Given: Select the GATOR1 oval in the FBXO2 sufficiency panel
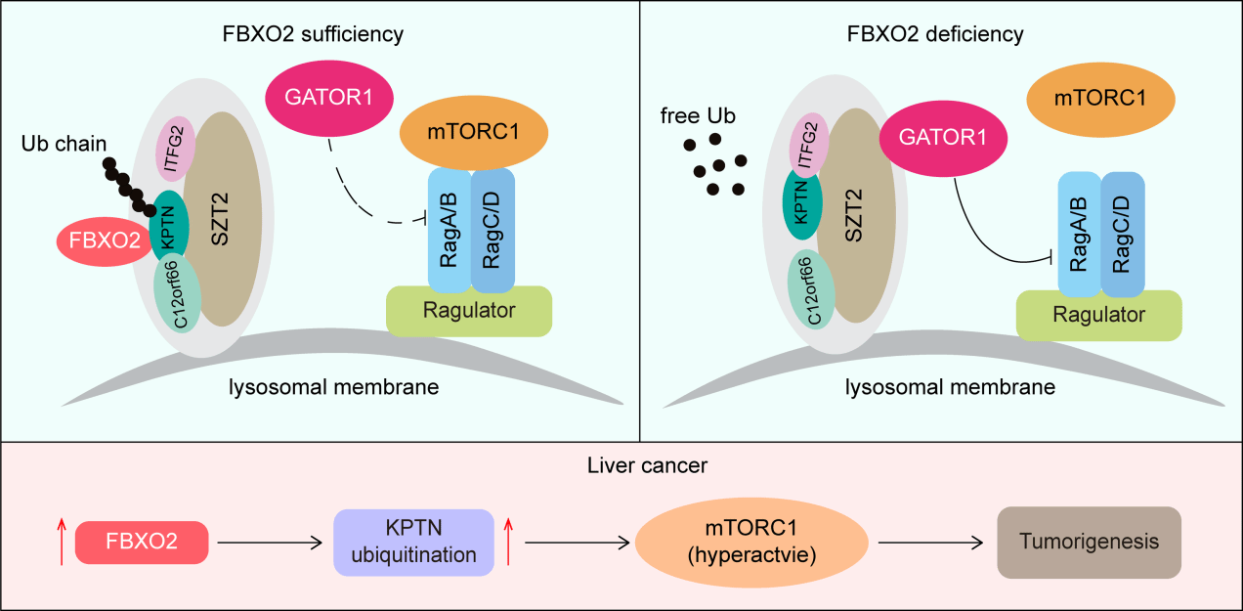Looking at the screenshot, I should point(329,100).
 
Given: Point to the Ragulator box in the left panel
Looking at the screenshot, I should point(469,310).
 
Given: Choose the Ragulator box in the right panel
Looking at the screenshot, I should point(1098,315).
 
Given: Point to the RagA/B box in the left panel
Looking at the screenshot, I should point(450,231).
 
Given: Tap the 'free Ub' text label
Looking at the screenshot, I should point(698,116).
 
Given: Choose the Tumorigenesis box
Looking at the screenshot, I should point(1089,541).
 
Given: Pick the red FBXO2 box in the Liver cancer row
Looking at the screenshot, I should point(142,542).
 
